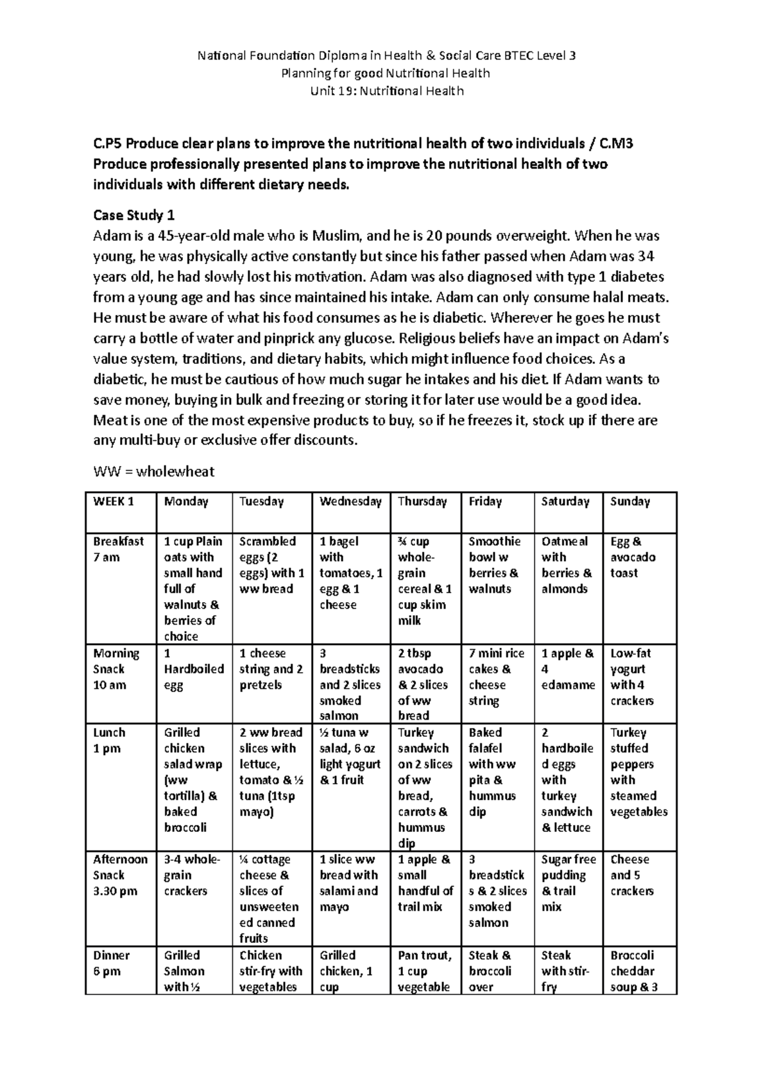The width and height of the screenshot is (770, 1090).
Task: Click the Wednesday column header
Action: tap(350, 501)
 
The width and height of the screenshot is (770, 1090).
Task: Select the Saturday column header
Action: tap(565, 501)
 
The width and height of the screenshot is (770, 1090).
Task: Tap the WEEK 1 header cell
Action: tap(114, 501)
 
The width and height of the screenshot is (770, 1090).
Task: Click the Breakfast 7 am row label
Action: tap(118, 549)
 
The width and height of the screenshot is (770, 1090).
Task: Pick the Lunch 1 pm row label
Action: tap(109, 740)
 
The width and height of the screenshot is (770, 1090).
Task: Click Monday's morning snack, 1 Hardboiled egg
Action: tap(193, 669)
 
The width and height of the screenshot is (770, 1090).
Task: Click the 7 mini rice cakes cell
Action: tap(495, 677)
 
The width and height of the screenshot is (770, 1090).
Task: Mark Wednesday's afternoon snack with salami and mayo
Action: tap(348, 883)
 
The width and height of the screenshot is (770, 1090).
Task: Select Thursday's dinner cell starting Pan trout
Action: tap(424, 971)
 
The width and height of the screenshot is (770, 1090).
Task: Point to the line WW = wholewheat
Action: tap(153, 472)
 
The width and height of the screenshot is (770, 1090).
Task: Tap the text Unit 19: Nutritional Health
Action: tap(386, 91)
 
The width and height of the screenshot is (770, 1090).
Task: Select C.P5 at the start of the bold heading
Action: tap(107, 144)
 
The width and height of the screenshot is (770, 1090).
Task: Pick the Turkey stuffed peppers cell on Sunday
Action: tap(638, 772)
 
